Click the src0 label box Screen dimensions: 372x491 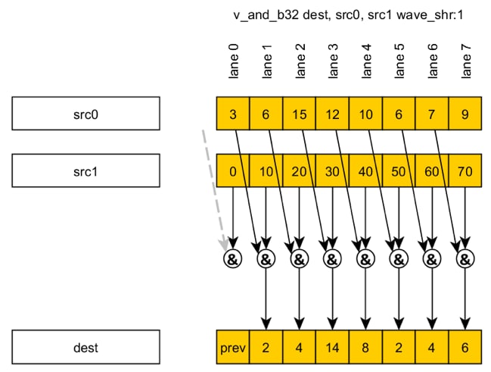point(85,114)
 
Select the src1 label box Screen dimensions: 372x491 point(85,171)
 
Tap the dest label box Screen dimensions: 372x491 point(85,349)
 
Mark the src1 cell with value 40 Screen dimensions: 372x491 point(365,172)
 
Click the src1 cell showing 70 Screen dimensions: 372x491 point(465,172)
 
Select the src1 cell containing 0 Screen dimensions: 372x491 point(233,172)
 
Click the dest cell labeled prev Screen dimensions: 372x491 point(233,349)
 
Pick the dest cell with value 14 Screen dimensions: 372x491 point(332,349)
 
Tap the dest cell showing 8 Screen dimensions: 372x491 point(365,349)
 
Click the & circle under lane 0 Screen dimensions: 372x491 point(232,259)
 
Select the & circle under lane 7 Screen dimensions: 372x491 point(465,259)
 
